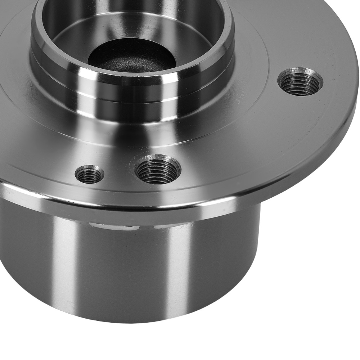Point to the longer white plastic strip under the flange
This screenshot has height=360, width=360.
pos(112,227)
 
